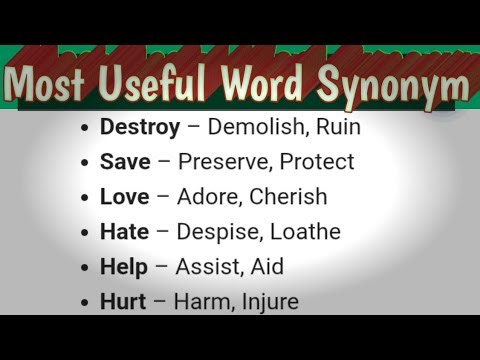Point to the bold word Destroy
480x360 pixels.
point(140,128)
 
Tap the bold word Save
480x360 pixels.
point(124,162)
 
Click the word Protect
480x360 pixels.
point(317,162)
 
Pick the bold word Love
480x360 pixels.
point(124,197)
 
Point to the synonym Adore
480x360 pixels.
point(208,197)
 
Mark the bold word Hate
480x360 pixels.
point(124,232)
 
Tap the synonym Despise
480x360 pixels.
point(216,232)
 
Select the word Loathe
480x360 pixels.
point(304,232)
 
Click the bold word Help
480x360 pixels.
point(123,267)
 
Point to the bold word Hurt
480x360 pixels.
point(122,301)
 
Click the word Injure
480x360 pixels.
point(267,301)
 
